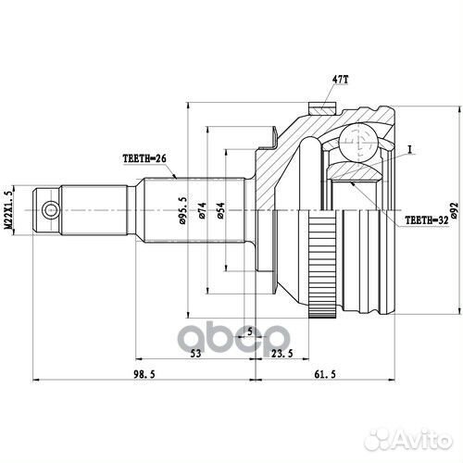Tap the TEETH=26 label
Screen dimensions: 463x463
144,158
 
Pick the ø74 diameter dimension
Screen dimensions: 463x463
202,214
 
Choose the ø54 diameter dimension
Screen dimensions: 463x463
219,214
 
